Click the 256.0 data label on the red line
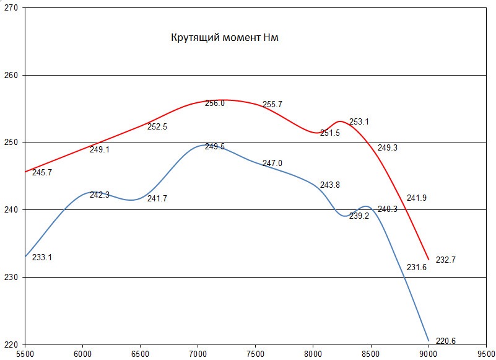point(215,103)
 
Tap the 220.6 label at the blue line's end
point(446,341)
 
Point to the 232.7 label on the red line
point(446,260)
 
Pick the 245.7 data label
point(41,172)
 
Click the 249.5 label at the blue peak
point(215,147)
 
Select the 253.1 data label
point(359,122)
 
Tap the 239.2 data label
point(359,216)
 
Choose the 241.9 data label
point(417,198)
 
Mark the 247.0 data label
point(272,164)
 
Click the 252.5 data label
point(157,126)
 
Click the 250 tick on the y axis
point(12,143)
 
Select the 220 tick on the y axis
point(12,344)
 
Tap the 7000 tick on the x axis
point(198,354)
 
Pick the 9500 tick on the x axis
point(485,354)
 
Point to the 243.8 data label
point(330,185)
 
